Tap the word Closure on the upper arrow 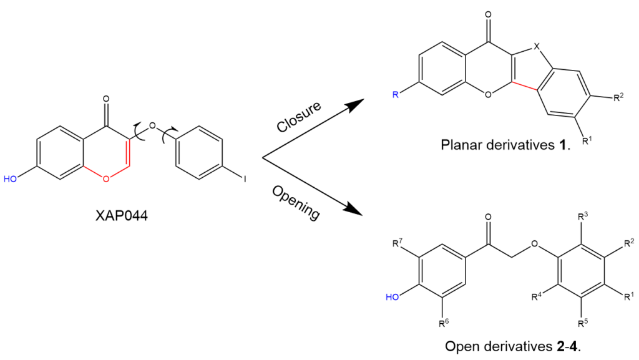[299, 116]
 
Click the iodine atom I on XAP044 [245, 179]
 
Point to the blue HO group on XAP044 [11, 179]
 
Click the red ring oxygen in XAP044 [105, 179]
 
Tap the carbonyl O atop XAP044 [105, 99]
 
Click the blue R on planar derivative [394, 95]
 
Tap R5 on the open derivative [582, 323]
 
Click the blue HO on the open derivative [392, 298]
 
